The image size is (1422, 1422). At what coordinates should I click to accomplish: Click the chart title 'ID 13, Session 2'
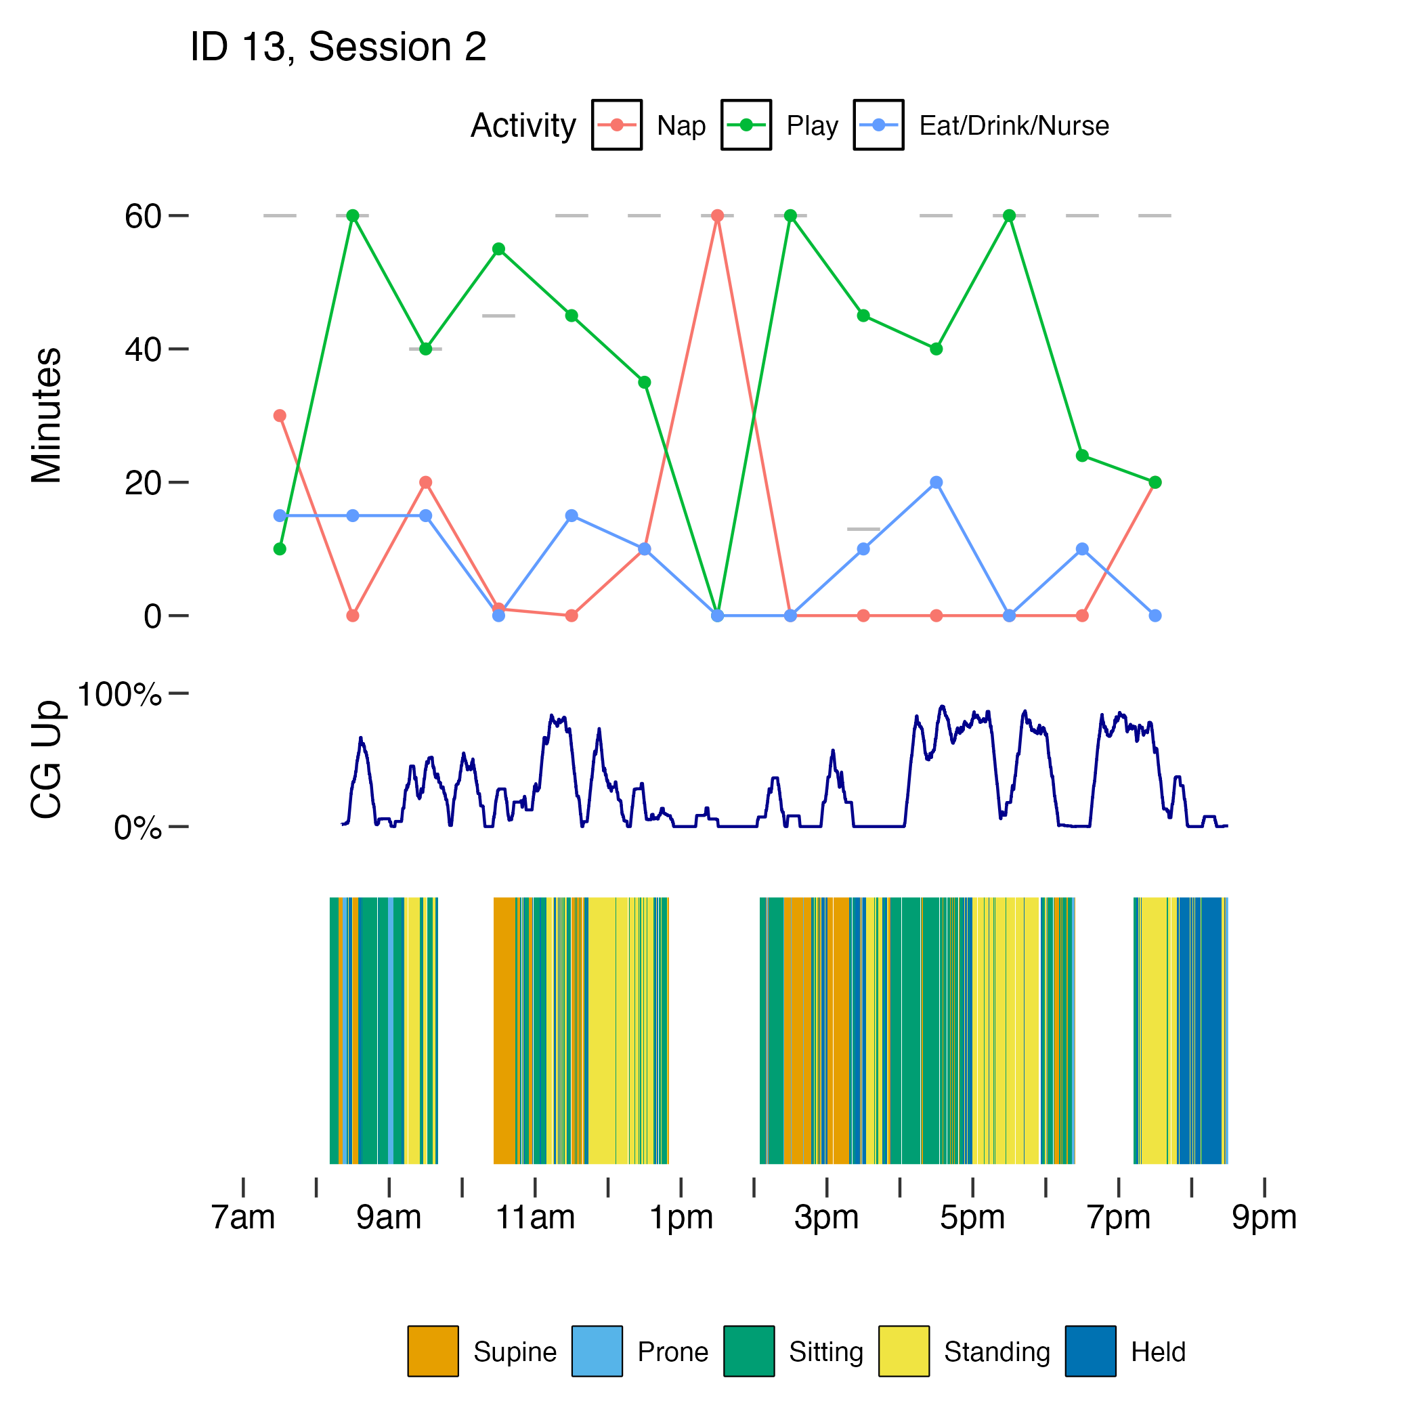click(x=338, y=47)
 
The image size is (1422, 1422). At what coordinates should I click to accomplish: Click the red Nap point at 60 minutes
click(x=717, y=215)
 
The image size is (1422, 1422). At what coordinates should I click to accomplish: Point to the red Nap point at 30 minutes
click(x=280, y=416)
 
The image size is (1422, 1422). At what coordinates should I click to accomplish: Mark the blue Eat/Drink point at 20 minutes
click(x=936, y=483)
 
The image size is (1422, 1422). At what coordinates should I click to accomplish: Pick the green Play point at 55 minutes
click(x=498, y=249)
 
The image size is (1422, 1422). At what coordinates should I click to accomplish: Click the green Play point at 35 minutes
click(x=644, y=382)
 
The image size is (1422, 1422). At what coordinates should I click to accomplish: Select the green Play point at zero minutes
click(x=717, y=616)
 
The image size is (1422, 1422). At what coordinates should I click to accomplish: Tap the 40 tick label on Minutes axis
click(x=142, y=349)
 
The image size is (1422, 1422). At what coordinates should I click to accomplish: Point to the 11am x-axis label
click(x=535, y=1218)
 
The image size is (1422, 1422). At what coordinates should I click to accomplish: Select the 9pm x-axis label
click(x=1264, y=1218)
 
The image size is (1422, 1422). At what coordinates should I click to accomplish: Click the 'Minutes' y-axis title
click(x=46, y=415)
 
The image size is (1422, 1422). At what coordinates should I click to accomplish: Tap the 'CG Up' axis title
click(x=46, y=760)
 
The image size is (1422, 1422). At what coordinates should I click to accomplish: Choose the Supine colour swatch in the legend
click(x=433, y=1352)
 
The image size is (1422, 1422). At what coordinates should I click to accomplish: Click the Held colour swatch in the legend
click(x=1090, y=1352)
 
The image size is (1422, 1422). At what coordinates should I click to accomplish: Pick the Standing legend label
click(x=997, y=1352)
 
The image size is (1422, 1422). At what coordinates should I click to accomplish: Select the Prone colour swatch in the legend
click(x=597, y=1352)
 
